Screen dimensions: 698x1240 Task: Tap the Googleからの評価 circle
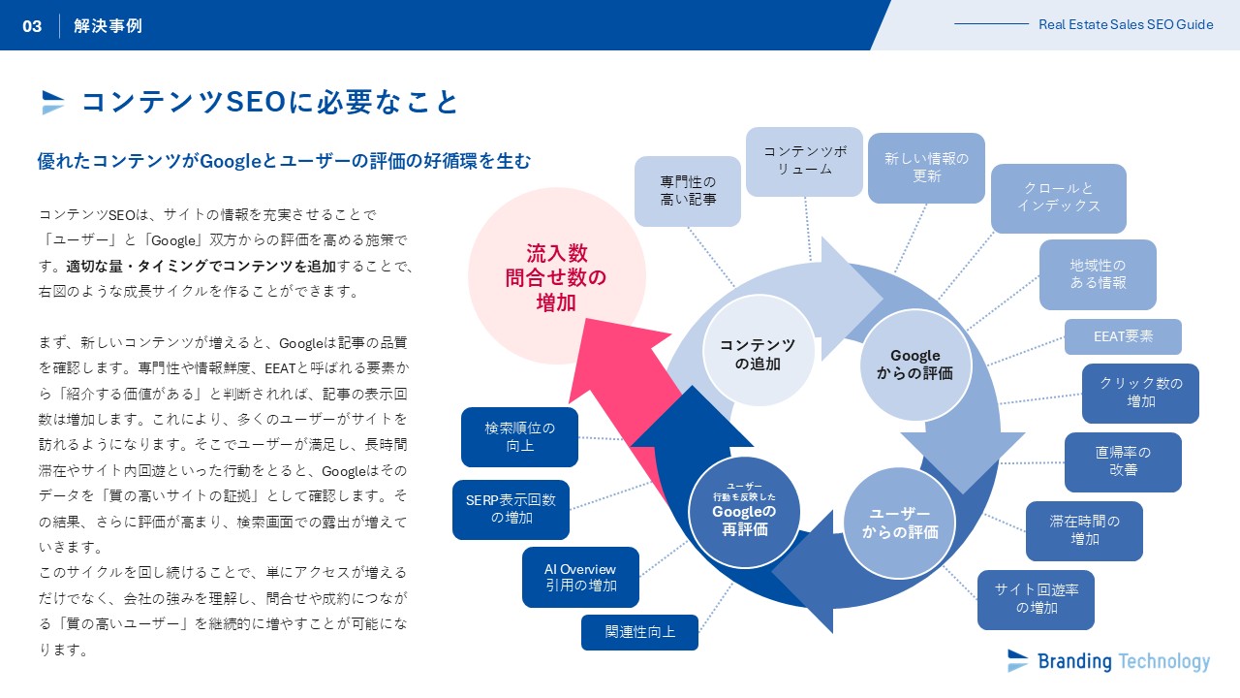[x=915, y=365]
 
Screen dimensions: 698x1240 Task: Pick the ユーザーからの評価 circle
[x=898, y=523]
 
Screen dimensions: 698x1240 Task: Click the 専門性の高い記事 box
[x=688, y=191]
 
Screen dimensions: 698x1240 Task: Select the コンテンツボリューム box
[x=804, y=161]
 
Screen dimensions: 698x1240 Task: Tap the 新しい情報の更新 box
[x=926, y=168]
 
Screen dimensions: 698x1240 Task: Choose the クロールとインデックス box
[x=1058, y=198]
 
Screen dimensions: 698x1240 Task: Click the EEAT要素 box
[x=1123, y=336]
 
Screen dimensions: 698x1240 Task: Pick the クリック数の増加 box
[x=1140, y=393]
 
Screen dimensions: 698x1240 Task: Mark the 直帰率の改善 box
[x=1123, y=461]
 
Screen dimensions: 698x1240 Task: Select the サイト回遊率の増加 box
[x=1036, y=599]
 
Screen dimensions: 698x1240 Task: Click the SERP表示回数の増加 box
[x=511, y=509]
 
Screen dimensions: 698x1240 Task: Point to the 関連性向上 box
[x=639, y=632]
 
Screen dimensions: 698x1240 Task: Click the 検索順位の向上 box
[x=520, y=436]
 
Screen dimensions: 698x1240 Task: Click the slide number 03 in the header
[x=33, y=26]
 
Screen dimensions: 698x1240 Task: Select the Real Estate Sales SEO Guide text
[x=1126, y=25]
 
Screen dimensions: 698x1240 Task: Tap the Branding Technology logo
[x=1108, y=661]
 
